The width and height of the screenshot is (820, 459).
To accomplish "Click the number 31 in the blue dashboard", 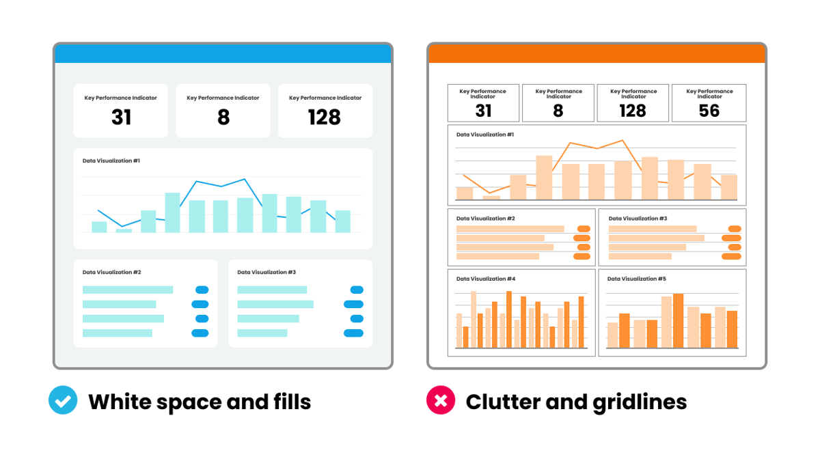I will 121,117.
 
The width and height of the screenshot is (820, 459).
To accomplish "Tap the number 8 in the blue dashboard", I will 223,117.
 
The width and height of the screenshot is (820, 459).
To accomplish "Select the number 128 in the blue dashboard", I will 325,117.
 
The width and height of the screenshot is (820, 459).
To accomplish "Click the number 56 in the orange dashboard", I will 709,111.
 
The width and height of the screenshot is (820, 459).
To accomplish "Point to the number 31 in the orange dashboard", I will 483,111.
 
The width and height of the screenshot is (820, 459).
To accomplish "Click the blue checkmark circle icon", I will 63,401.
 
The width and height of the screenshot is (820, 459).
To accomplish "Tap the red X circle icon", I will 441,401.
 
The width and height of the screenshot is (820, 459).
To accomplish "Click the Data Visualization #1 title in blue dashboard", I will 111,161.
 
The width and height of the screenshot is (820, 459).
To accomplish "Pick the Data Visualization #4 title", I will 486,279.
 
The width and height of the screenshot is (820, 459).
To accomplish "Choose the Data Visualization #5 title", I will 636,279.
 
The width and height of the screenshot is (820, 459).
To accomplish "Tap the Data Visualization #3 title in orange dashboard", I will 638,219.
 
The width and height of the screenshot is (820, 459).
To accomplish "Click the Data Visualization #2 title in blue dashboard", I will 111,272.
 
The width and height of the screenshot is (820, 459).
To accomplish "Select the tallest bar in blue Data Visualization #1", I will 172,212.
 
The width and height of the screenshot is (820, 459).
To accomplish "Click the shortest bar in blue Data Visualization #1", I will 124,230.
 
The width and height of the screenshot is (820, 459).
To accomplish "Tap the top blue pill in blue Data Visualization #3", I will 357,290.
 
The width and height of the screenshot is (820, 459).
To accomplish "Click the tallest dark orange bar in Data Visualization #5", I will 678,320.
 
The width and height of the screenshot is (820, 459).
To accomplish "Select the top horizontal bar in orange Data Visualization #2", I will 510,229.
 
